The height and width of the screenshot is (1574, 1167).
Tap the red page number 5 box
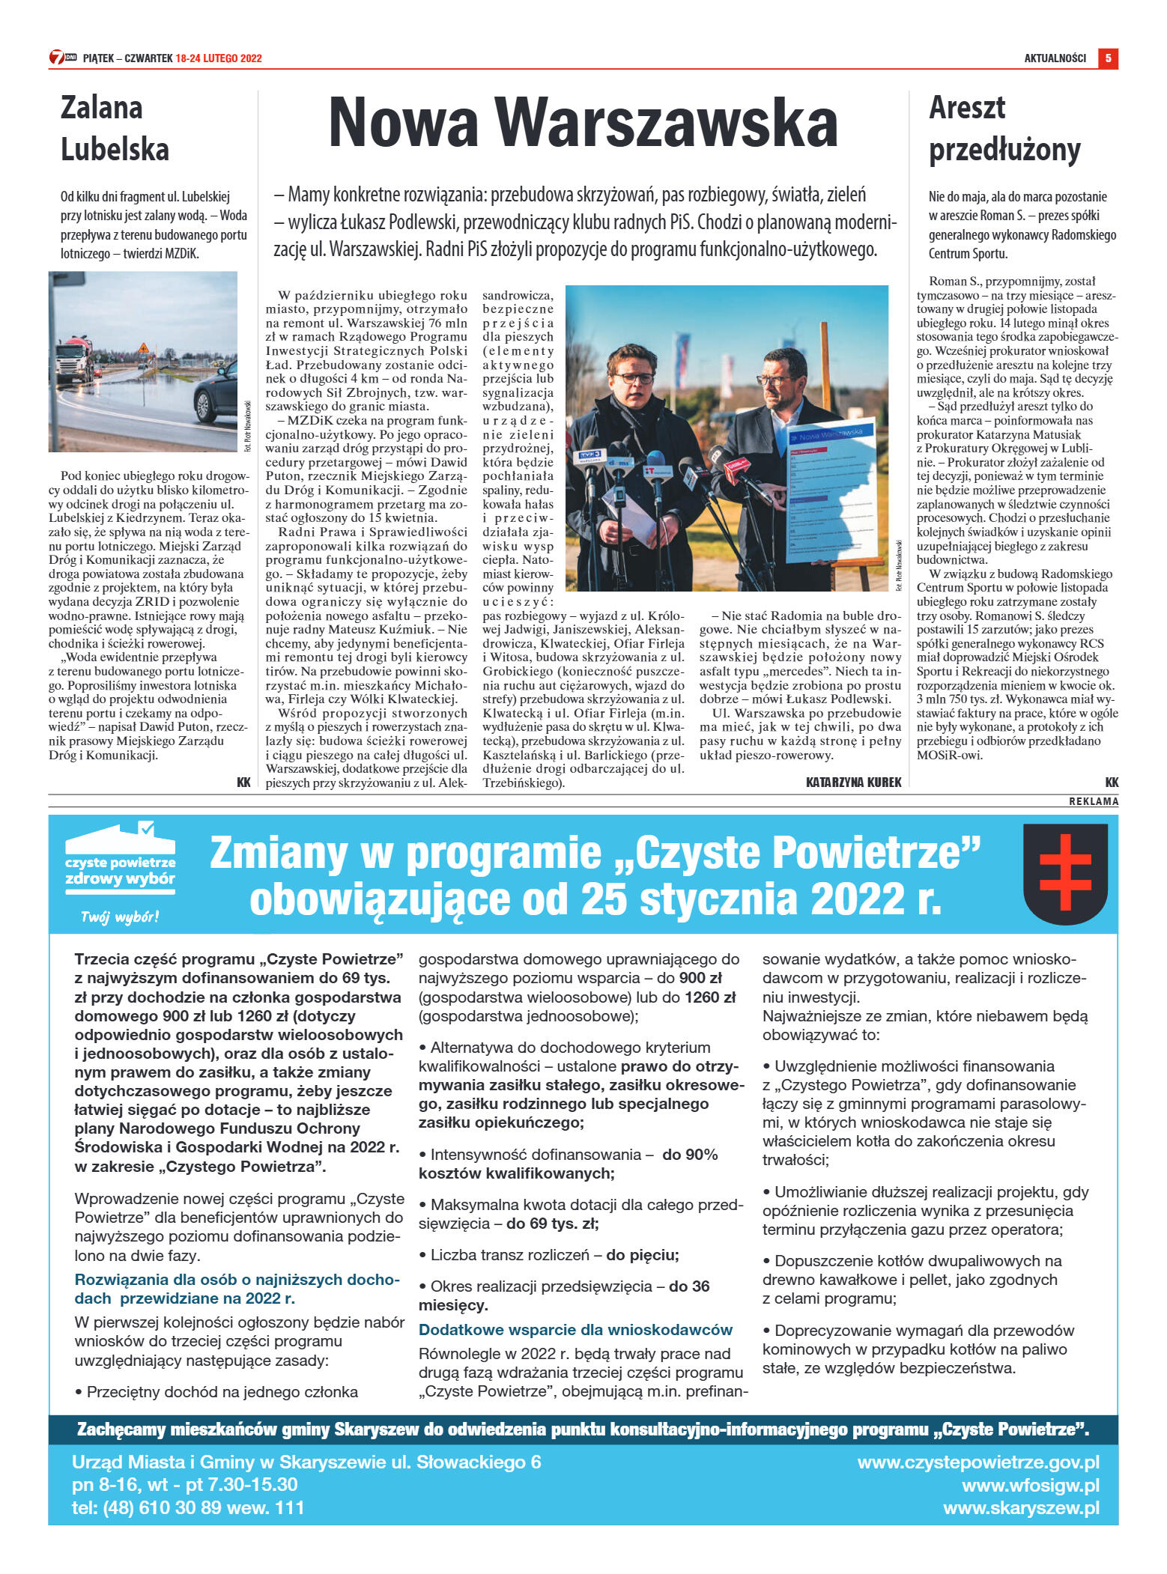coord(1108,58)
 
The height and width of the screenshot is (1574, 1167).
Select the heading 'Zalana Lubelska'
coord(115,128)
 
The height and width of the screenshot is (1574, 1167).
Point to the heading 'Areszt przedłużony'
coord(1004,128)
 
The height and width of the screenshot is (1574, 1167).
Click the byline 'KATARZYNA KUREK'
coord(853,783)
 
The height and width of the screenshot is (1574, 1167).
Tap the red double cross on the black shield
coord(1064,873)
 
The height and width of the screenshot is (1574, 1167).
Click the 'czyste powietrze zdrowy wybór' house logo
coord(120,860)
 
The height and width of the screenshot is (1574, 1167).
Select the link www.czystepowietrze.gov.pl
coord(978,1462)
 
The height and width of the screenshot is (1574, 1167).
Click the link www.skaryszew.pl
coord(1021,1508)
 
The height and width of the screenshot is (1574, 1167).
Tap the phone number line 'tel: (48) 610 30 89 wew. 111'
coord(188,1508)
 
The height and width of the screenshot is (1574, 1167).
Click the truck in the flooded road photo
coord(74,359)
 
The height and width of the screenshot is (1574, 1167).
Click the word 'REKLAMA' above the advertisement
coord(1093,801)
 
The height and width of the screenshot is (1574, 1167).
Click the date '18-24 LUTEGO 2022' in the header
coord(219,58)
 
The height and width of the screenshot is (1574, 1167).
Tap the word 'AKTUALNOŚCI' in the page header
coord(1055,58)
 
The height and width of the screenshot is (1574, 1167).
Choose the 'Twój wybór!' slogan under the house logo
coord(120,917)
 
